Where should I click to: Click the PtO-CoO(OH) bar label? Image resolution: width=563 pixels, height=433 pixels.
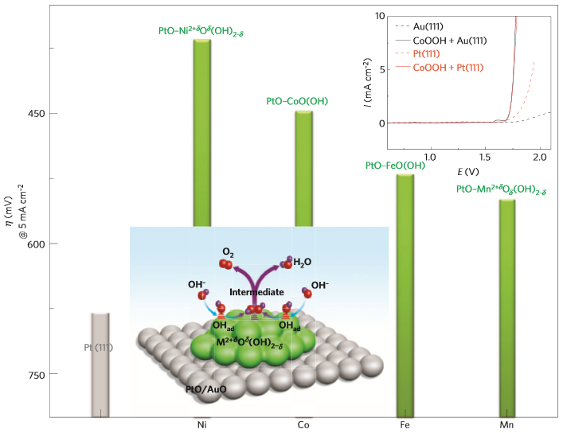(297, 101)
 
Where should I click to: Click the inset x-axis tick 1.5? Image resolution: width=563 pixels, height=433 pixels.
(485, 157)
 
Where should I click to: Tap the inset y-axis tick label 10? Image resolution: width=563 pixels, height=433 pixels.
(381, 17)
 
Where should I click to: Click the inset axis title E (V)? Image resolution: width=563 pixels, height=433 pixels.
(469, 171)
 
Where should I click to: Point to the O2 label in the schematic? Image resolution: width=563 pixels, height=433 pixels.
(229, 252)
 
